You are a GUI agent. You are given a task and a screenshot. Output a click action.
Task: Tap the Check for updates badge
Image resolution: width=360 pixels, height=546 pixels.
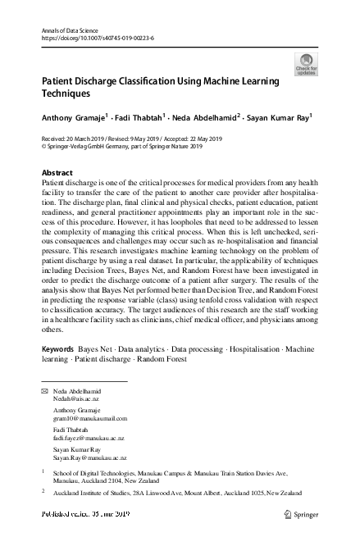(306, 65)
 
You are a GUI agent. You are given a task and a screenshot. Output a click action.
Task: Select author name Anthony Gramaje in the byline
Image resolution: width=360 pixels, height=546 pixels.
(73, 118)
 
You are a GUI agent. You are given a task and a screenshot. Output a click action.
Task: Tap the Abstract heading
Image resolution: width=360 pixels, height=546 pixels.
(57, 173)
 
